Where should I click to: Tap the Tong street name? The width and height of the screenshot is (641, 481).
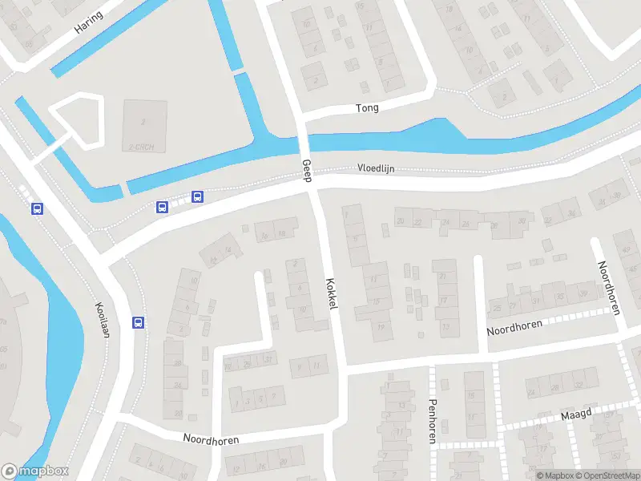coord(367,107)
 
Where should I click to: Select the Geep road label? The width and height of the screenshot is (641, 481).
coord(306,169)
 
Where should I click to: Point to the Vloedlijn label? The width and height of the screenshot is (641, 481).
coord(376,168)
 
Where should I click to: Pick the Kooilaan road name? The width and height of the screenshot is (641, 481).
coord(102,319)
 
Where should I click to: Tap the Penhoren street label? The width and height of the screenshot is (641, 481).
coord(432,421)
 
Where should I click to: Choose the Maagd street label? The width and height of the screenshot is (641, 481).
coord(575,414)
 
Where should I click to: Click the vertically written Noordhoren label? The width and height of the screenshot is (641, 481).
coord(609,288)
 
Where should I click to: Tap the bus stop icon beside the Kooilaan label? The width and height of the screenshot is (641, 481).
coord(139,323)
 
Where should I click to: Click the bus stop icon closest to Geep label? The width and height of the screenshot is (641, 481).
coord(197,197)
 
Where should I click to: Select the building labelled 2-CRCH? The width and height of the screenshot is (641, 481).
coord(145,126)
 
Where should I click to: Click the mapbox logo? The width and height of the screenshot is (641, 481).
coord(35,471)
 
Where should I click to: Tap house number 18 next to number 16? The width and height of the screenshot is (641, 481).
coord(282,233)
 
